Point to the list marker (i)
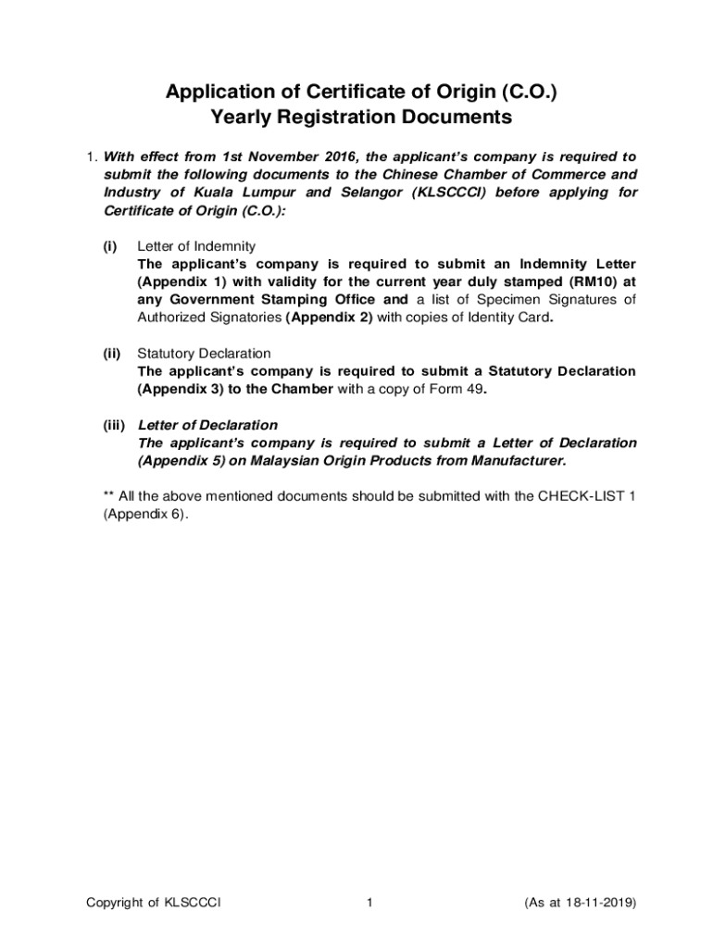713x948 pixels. (109, 245)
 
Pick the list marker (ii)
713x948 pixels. (111, 353)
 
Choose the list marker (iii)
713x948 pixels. (113, 425)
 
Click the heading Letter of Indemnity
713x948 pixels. (196, 245)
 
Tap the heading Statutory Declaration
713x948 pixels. (204, 353)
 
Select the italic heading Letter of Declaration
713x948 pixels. (207, 425)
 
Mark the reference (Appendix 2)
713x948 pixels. (329, 318)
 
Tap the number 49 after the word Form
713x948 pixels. (474, 389)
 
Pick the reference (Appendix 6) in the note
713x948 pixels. (144, 514)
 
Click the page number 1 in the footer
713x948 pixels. (369, 903)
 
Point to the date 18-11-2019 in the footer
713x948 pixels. (594, 903)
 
